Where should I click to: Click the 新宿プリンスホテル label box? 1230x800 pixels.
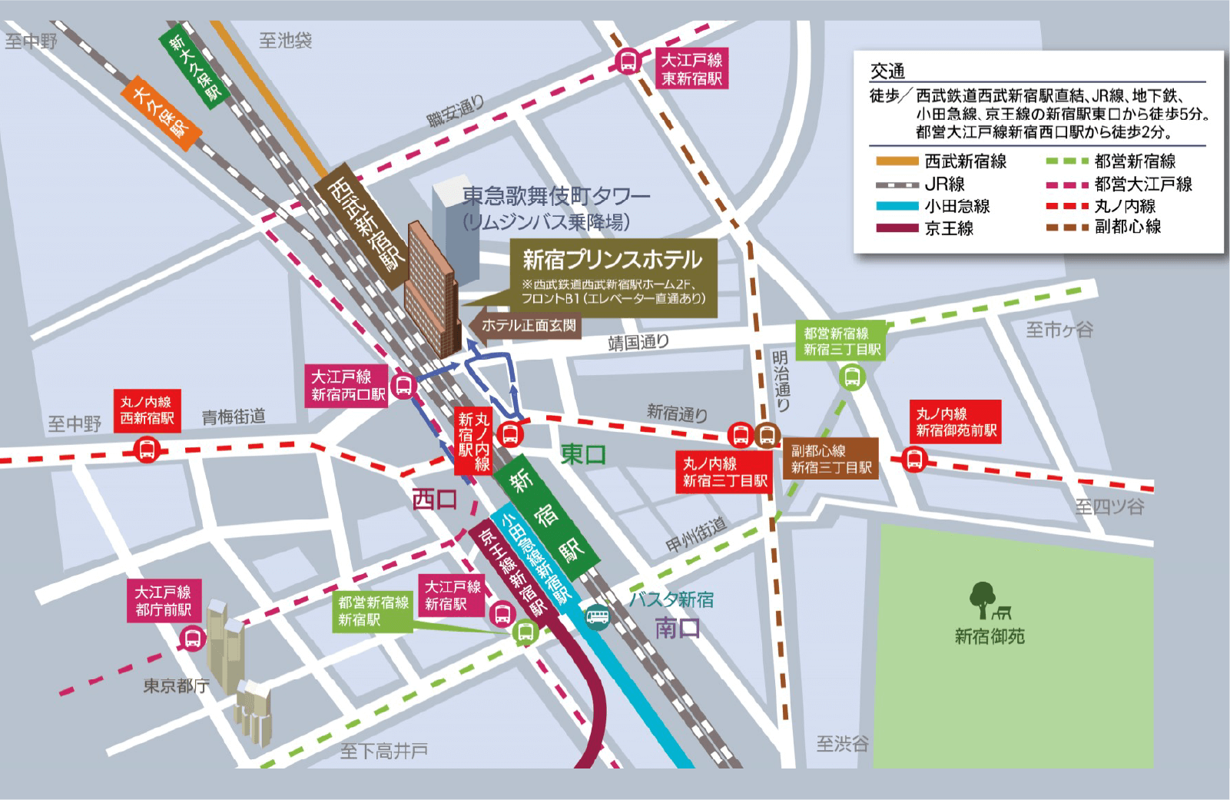(x=613, y=277)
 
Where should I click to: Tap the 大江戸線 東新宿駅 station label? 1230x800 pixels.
(x=691, y=69)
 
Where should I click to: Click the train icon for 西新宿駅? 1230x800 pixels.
(x=146, y=449)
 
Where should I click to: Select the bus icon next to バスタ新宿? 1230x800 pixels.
(x=597, y=616)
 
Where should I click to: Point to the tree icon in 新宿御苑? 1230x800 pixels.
(x=982, y=599)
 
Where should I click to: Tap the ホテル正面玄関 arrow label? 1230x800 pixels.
(x=526, y=325)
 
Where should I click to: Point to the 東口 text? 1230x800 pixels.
(x=583, y=454)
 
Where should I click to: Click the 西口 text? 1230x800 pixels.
(x=434, y=500)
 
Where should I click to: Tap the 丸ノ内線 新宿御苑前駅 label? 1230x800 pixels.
(x=956, y=422)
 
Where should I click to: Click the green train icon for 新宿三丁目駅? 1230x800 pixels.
(x=852, y=377)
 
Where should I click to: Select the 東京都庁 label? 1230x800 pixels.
(x=176, y=685)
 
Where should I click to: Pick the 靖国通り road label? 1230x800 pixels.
(x=638, y=342)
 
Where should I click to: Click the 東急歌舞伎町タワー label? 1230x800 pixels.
(x=555, y=197)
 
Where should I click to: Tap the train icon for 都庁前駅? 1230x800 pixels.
(x=192, y=638)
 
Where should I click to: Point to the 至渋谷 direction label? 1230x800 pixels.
(x=842, y=743)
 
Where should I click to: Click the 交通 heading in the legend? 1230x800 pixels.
(x=887, y=71)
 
